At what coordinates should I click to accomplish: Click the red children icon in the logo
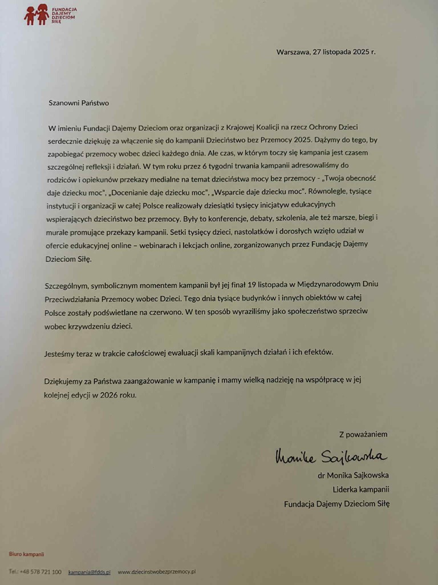point(36,14)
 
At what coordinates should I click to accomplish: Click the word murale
point(58,231)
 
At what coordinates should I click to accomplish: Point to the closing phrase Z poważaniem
point(363,434)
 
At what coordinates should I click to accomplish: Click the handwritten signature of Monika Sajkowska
point(330,455)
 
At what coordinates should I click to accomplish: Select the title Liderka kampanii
point(361,489)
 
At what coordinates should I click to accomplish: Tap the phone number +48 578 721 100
point(40,571)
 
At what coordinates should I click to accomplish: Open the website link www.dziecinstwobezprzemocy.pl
point(157,571)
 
